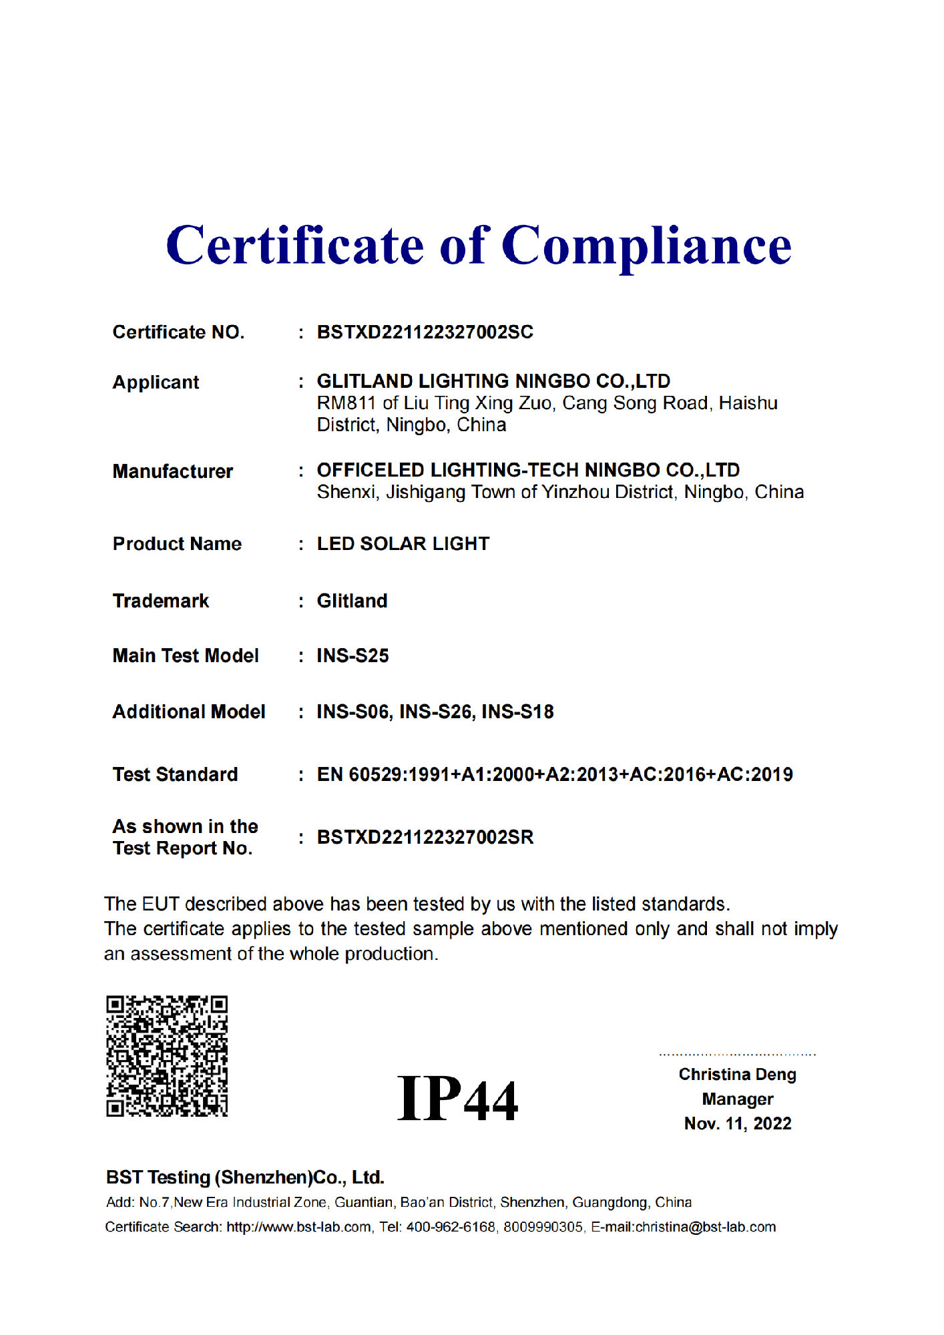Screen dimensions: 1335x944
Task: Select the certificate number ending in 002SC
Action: [x=425, y=332]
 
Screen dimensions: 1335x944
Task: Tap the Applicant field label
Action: [x=156, y=382]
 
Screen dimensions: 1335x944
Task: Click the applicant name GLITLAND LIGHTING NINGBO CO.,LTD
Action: [x=493, y=381]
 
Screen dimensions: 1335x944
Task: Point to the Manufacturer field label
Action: [x=172, y=471]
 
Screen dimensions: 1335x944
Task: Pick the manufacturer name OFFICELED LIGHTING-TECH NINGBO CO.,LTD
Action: [x=528, y=470]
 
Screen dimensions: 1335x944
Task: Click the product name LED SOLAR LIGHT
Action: [x=403, y=544]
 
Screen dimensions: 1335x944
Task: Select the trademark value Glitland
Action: [x=352, y=601]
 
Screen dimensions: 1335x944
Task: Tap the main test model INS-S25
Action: [x=352, y=655]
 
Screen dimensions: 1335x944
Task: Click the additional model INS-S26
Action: [x=437, y=712]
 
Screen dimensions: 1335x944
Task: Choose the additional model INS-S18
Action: [x=518, y=712]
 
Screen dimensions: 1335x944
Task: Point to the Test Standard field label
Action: [x=175, y=774]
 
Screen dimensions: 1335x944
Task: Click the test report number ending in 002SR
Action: [x=425, y=837]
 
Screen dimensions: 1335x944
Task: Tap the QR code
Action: [x=167, y=1056]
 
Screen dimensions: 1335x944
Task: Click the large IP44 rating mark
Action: [x=457, y=1099]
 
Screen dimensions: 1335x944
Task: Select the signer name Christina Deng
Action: [x=737, y=1075]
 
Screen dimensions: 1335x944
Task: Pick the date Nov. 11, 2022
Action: [x=737, y=1124]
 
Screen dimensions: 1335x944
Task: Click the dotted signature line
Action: [x=737, y=1055]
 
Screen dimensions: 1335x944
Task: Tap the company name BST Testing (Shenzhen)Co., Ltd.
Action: [x=245, y=1177]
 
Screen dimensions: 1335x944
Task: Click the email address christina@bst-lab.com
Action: [x=705, y=1227]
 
